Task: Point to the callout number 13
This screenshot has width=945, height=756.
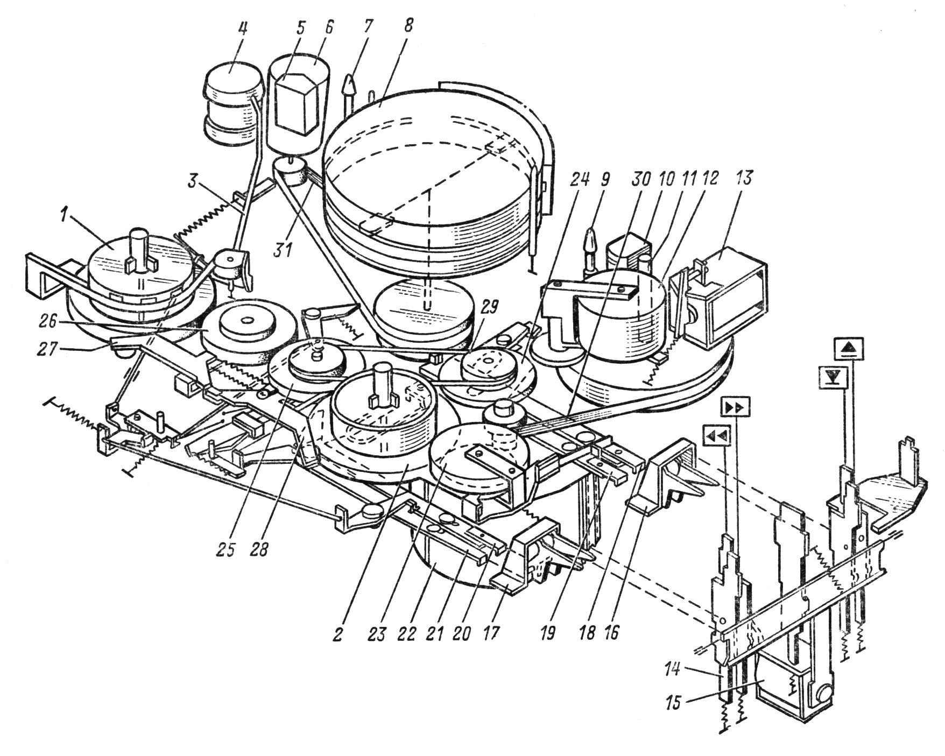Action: pyautogui.click(x=749, y=177)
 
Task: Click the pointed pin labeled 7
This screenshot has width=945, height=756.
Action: pyautogui.click(x=350, y=86)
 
